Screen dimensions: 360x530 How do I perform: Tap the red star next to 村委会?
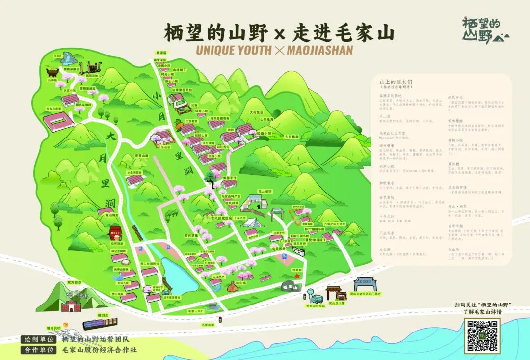click(297, 277)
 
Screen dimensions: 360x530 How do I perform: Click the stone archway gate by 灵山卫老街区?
click(365, 284)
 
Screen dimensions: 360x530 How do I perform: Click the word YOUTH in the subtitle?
click(248, 50)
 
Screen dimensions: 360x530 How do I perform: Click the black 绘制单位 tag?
click(39, 339)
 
